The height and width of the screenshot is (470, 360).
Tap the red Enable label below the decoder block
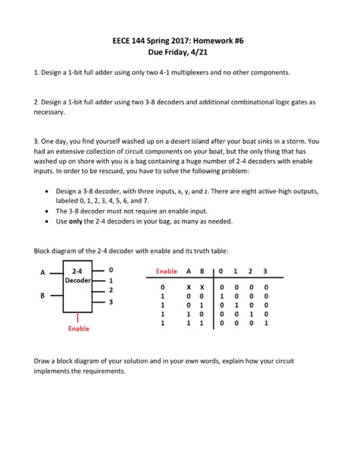click(77, 329)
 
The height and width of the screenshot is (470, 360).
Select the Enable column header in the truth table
click(167, 271)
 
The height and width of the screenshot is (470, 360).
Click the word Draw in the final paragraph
click(42, 360)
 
